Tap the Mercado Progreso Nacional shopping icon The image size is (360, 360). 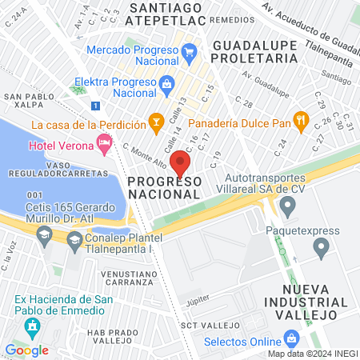pos(189,54)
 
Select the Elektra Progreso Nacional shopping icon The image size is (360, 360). pos(167,82)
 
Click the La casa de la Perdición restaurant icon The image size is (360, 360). pos(156,122)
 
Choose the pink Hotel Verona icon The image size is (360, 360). pos(103,144)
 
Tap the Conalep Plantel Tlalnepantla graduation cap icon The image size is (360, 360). pos(74,239)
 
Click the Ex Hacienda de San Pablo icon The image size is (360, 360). pos(31,326)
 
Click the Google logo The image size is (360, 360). pos(26,350)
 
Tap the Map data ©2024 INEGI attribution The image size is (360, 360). pos(312,353)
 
